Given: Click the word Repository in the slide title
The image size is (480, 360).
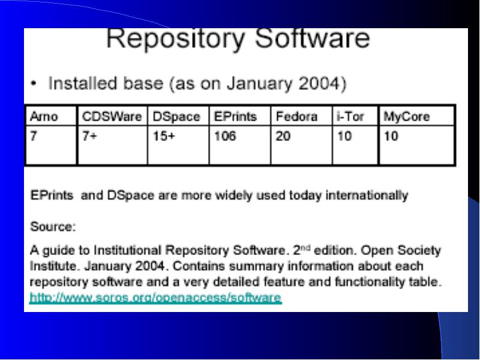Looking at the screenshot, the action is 175,39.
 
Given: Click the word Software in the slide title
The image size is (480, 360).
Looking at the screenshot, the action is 313,38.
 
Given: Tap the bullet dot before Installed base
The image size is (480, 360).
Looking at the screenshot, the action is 34,83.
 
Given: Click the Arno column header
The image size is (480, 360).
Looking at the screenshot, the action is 44,116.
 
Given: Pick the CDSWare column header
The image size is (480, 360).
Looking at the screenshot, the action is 112,116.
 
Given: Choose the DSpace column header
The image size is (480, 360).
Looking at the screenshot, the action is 176,117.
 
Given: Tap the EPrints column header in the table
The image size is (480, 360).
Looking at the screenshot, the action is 235,116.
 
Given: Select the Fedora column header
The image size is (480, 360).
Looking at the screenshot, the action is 296,116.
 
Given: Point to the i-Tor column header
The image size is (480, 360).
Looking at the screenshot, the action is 350,116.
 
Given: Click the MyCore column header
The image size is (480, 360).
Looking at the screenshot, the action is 407,117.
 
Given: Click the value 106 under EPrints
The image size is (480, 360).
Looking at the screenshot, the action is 225,136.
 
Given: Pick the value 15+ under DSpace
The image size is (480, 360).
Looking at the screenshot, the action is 164,136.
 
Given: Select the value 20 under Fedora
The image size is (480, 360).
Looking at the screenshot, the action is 283,136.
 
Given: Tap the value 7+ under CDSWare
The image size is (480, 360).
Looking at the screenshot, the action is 89,136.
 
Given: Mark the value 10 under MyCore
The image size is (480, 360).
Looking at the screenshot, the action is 391,136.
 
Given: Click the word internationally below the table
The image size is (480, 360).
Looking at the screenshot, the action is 367,196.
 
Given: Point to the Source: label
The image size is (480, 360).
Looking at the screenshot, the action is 53,227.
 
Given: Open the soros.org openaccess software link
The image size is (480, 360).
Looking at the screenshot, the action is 155,298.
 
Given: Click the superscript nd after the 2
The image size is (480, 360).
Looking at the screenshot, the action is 306,248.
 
